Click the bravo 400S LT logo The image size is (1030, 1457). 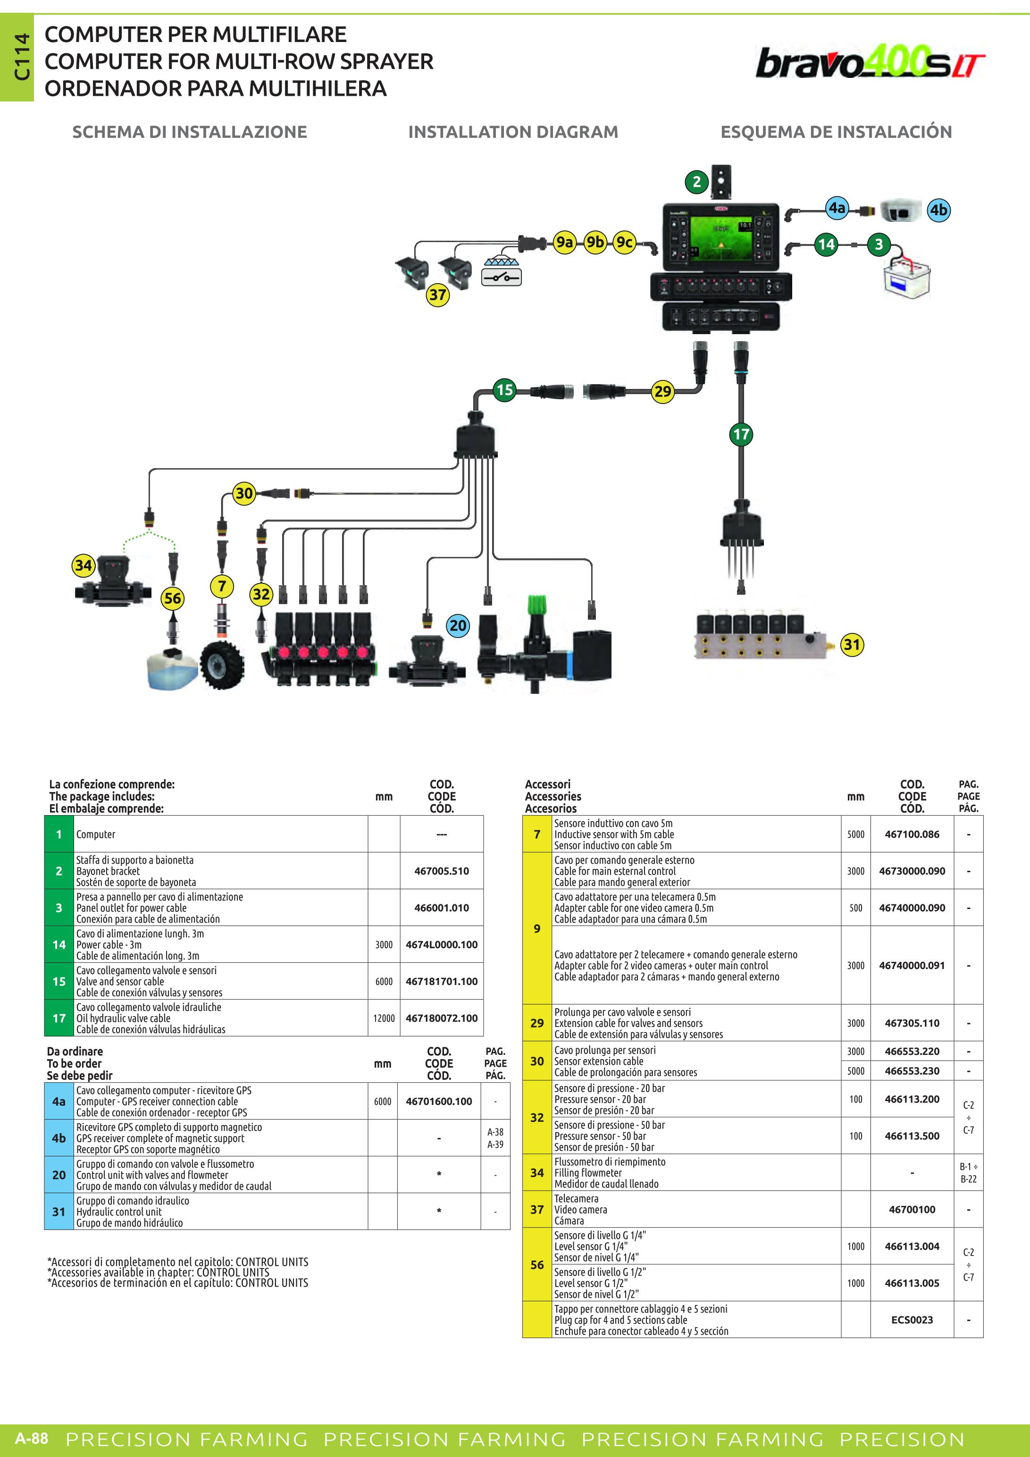click(x=870, y=62)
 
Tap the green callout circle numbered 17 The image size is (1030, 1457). click(x=741, y=435)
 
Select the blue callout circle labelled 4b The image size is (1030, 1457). click(x=938, y=210)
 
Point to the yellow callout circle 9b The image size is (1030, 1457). click(x=595, y=242)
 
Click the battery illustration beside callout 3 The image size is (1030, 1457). click(x=907, y=276)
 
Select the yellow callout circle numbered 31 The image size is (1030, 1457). click(x=852, y=645)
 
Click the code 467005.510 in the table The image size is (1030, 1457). click(x=442, y=871)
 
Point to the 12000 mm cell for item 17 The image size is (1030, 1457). click(x=384, y=1018)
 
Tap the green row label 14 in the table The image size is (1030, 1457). click(x=59, y=944)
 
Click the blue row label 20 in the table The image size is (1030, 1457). click(x=59, y=1175)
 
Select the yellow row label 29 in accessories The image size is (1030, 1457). click(x=536, y=1023)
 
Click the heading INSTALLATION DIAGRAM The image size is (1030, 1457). click(x=513, y=132)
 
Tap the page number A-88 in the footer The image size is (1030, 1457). click(x=32, y=1438)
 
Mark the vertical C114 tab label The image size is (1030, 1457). click(x=22, y=57)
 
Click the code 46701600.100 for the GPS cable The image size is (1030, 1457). click(x=439, y=1101)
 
